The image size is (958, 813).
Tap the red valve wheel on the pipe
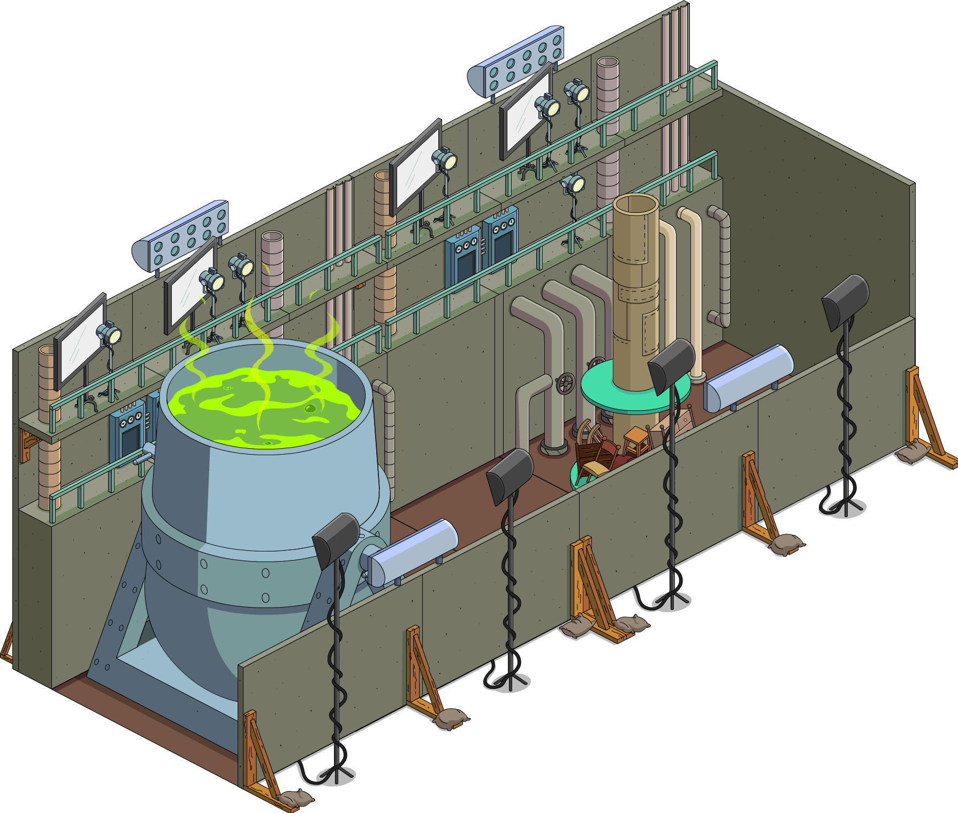(x=565, y=384)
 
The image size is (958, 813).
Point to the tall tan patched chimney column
(x=636, y=300)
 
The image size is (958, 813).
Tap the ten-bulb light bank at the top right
(x=516, y=63)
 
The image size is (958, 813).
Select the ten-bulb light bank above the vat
(x=182, y=235)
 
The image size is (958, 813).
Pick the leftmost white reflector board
(x=80, y=340)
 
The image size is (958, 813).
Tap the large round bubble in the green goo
(x=309, y=409)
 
